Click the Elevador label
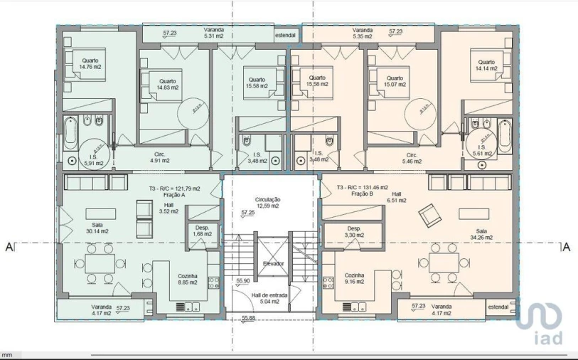click(273, 263)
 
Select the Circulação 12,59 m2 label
click(269, 203)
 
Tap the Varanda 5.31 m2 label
click(213, 34)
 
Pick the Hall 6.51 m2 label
click(396, 197)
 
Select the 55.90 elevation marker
click(243, 281)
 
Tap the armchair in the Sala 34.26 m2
click(429, 211)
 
